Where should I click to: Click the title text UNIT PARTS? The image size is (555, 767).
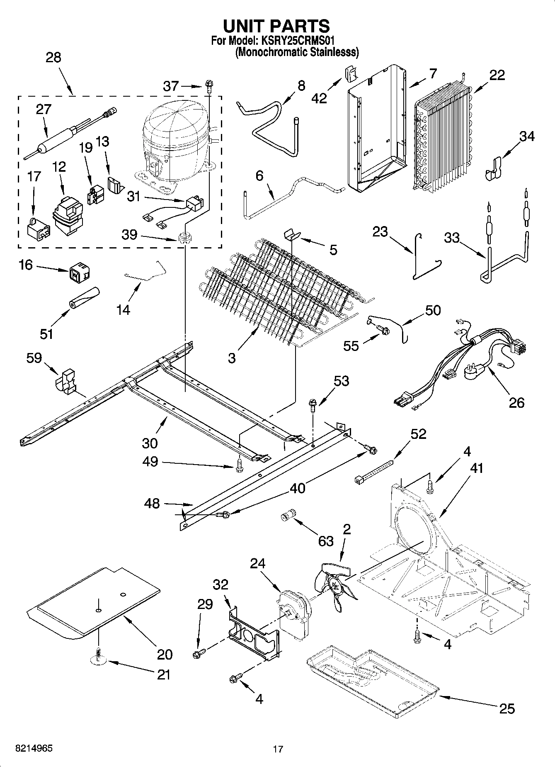(276, 26)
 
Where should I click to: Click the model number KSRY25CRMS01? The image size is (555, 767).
(296, 41)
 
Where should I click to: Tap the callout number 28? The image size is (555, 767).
(53, 57)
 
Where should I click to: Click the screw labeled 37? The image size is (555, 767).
(208, 86)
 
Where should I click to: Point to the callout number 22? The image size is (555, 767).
(497, 75)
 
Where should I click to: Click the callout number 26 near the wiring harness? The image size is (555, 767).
(516, 402)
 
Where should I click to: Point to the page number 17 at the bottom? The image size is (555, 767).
(278, 749)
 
